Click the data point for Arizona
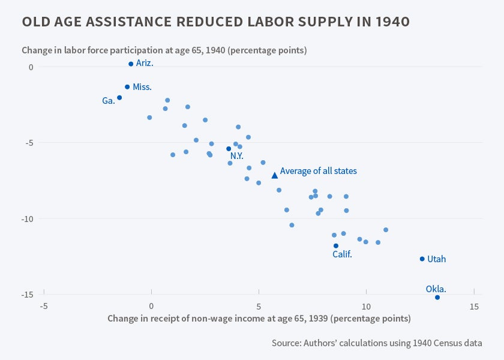(131, 64)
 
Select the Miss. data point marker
(127, 87)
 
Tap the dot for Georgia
(119, 98)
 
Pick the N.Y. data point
(229, 149)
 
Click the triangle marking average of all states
(275, 175)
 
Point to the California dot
(336, 246)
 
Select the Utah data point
(422, 259)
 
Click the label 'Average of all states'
(319, 171)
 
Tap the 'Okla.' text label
(436, 289)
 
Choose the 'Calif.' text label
(342, 254)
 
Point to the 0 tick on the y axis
(31, 67)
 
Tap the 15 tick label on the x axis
(474, 307)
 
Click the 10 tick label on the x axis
(366, 307)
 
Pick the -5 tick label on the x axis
(44, 307)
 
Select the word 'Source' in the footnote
(288, 343)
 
